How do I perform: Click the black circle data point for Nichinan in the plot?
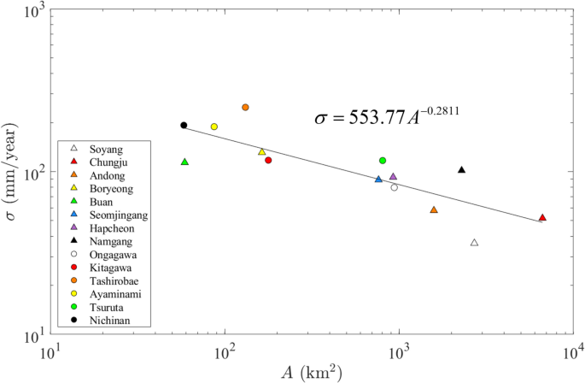184,125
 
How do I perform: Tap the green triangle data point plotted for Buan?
184,162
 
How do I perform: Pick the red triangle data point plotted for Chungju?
542,217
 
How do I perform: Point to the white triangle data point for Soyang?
475,242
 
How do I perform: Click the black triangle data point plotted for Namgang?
462,169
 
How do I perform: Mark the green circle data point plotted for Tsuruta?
383,160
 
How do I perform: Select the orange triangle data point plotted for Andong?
434,209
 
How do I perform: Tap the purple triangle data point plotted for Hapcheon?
393,176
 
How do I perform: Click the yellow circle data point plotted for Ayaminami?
214,127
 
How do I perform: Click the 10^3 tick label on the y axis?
32,10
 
